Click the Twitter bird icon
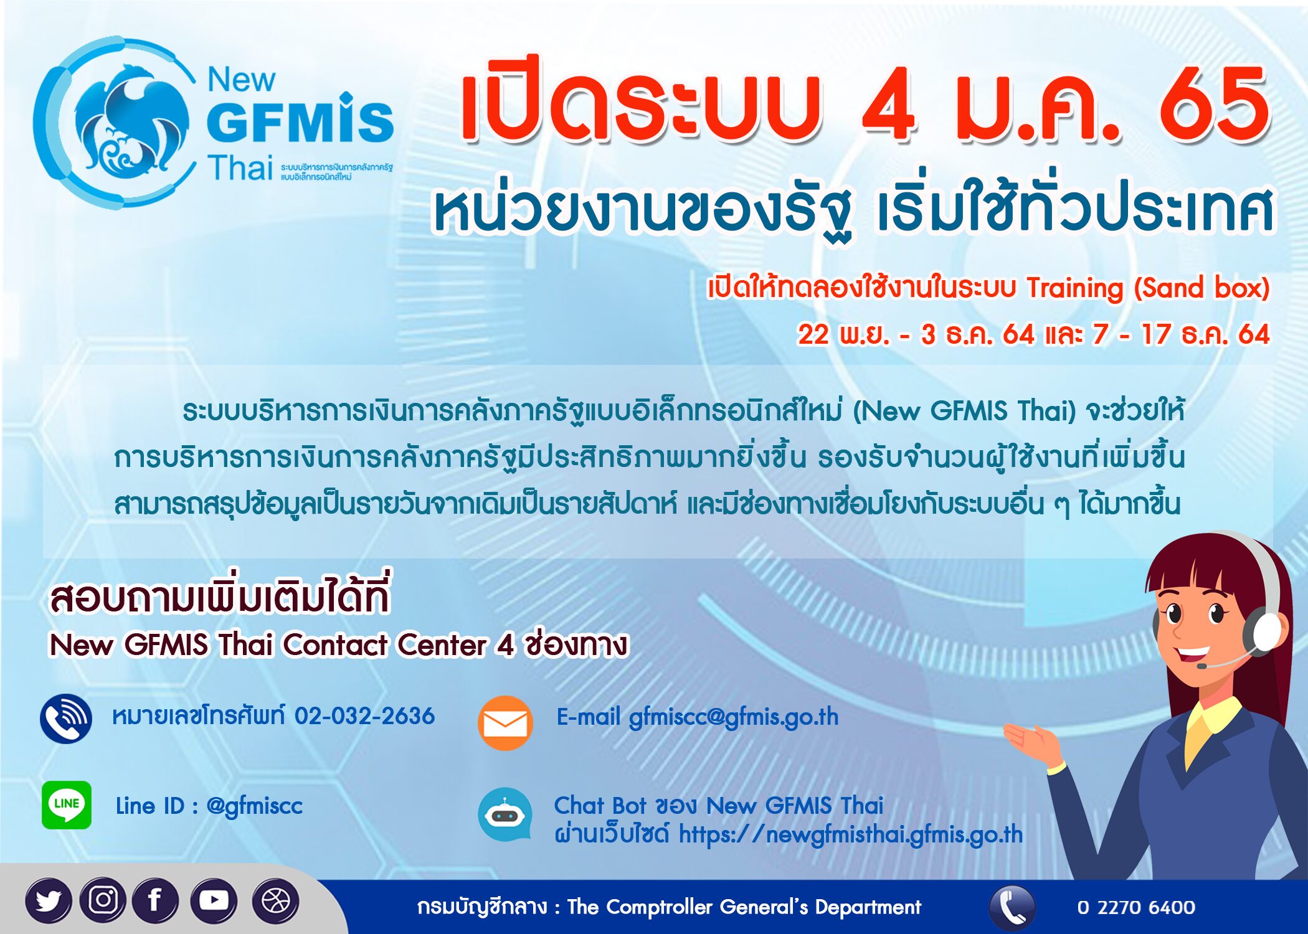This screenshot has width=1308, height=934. click(49, 900)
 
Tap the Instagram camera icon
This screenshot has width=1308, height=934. click(103, 900)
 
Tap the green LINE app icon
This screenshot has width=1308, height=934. click(67, 804)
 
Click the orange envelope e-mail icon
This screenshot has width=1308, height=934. click(505, 723)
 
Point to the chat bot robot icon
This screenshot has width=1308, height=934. click(505, 814)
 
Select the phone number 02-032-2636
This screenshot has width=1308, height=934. click(364, 716)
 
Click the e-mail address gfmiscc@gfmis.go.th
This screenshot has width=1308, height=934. click(734, 717)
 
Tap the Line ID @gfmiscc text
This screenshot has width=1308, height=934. click(254, 806)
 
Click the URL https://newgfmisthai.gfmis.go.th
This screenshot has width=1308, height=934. click(850, 834)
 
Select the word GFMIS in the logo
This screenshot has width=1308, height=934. click(300, 121)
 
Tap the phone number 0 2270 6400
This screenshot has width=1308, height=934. click(1135, 907)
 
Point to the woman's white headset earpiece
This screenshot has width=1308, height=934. click(1264, 632)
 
